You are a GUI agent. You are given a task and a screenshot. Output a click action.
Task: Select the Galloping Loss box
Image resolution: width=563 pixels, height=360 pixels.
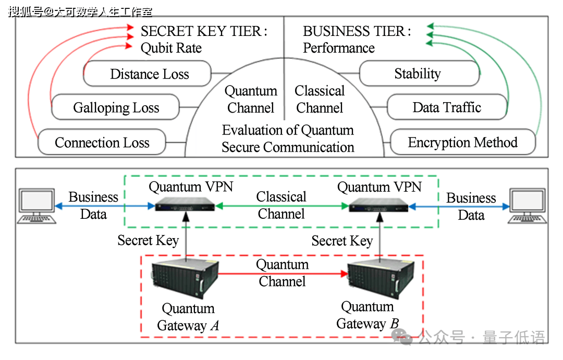[x=115, y=108]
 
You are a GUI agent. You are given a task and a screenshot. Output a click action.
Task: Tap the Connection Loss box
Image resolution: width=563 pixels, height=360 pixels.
[x=102, y=142]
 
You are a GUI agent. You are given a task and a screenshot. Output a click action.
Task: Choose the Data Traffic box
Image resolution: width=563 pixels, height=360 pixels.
[x=447, y=108]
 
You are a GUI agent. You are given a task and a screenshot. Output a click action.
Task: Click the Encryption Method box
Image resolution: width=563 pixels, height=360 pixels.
[x=462, y=142]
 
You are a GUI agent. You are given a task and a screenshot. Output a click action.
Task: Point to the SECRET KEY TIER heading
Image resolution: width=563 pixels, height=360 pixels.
[x=203, y=31]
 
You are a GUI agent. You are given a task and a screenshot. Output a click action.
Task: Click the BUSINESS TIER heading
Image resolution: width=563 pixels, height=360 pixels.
[x=357, y=31]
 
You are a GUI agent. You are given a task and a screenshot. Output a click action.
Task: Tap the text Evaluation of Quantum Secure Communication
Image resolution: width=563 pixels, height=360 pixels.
[x=288, y=139]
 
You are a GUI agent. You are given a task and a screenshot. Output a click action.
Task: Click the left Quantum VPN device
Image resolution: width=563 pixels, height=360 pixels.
[x=185, y=205]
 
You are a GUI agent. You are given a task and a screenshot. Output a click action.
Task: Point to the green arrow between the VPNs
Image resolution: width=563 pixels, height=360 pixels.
[x=281, y=206]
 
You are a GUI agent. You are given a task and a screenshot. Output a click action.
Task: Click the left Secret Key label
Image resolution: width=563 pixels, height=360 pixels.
[x=148, y=241]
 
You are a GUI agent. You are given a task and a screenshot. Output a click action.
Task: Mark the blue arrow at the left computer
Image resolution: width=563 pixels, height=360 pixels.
[x=89, y=206]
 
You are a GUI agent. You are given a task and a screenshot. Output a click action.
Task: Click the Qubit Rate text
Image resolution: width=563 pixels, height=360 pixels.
[x=171, y=48]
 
